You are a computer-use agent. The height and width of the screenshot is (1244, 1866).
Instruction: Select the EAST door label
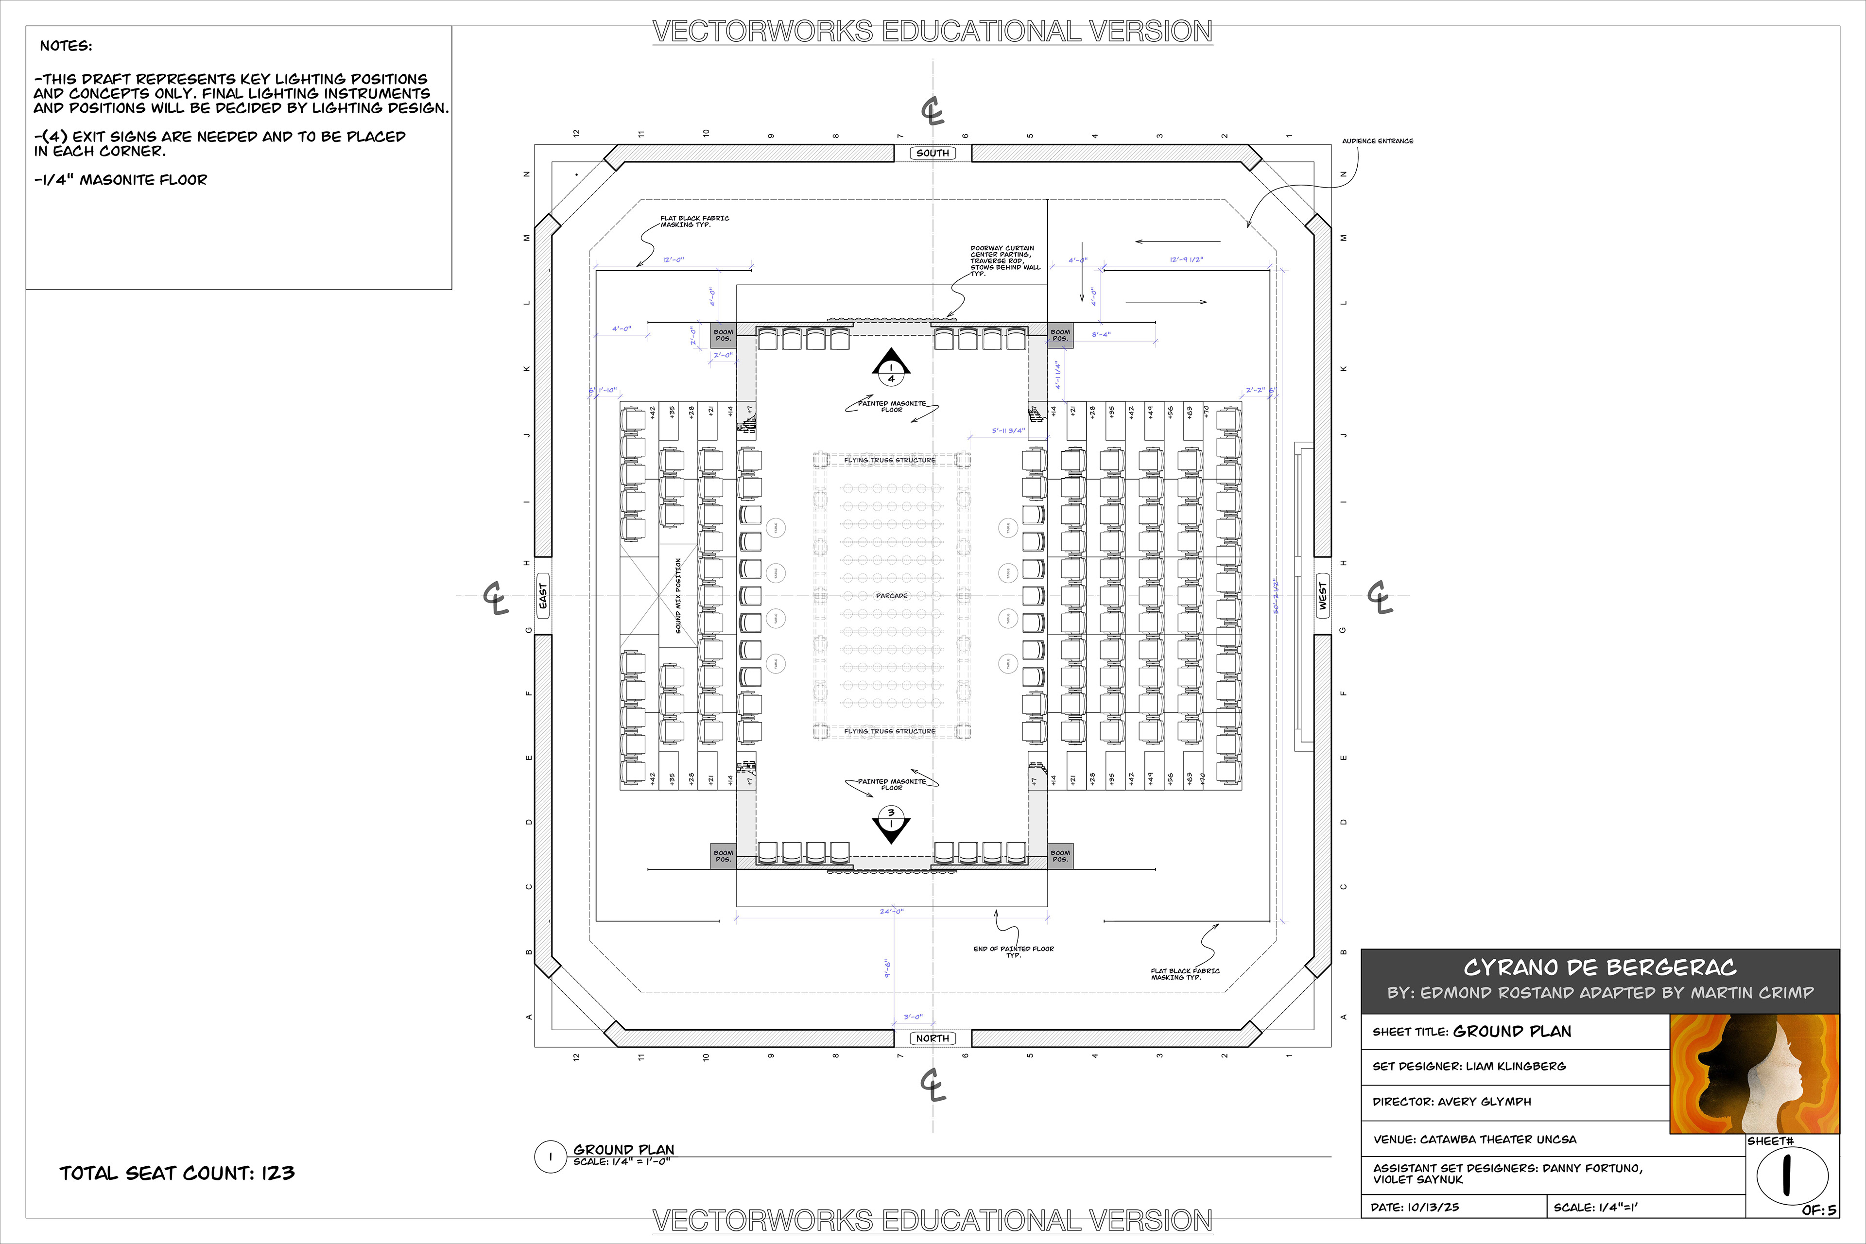pyautogui.click(x=543, y=596)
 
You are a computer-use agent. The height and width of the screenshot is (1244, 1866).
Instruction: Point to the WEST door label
pyautogui.click(x=1323, y=596)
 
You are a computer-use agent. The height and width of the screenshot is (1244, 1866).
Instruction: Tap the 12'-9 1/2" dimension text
pyautogui.click(x=1186, y=259)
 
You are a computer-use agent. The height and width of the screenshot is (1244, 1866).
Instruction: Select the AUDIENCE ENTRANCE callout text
pyautogui.click(x=1377, y=141)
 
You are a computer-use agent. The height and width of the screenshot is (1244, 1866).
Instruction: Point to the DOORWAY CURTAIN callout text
pyautogui.click(x=1003, y=260)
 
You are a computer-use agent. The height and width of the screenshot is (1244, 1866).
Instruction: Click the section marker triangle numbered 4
pyautogui.click(x=891, y=366)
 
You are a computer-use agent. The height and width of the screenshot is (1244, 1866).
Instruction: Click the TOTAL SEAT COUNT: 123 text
pyautogui.click(x=177, y=1173)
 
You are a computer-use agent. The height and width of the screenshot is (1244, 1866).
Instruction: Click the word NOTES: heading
pyautogui.click(x=66, y=46)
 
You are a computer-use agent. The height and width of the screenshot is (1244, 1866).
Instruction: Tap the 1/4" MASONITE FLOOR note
pyautogui.click(x=121, y=180)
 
